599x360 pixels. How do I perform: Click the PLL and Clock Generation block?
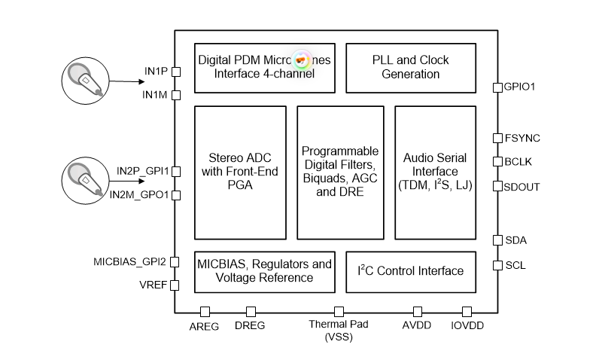point(410,67)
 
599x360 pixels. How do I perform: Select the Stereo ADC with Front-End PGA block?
point(240,172)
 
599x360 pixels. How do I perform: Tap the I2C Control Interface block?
point(410,271)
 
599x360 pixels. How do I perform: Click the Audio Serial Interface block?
point(435,172)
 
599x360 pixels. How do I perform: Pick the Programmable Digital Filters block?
point(340,172)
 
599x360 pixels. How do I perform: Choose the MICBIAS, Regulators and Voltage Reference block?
point(263,271)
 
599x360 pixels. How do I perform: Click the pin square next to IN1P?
point(176,72)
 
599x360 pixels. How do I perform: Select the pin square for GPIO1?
point(497,87)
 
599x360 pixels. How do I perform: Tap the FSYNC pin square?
point(497,138)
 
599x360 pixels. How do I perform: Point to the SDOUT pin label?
point(522,186)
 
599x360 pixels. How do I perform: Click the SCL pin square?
point(497,265)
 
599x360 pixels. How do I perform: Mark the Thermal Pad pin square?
point(339,311)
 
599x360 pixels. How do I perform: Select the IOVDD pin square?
point(467,311)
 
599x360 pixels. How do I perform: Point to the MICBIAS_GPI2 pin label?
point(129,262)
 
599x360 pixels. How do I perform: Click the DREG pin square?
point(251,311)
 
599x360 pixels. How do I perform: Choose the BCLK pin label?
point(518,161)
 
